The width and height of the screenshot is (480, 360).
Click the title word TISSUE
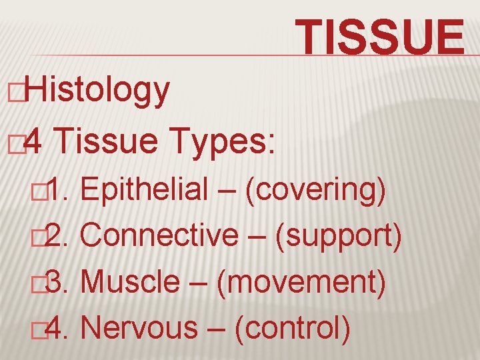(x=381, y=37)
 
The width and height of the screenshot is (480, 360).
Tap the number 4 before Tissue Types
(x=38, y=141)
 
